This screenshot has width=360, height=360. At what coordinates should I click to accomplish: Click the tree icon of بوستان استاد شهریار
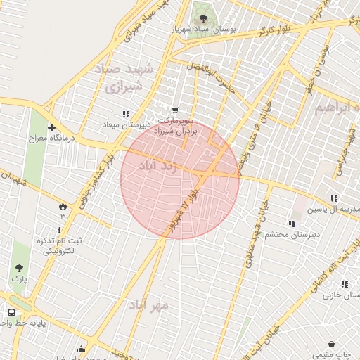point(203,18)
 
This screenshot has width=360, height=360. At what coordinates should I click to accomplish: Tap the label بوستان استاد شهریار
point(204,30)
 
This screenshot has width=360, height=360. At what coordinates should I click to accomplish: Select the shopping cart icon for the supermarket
point(174,110)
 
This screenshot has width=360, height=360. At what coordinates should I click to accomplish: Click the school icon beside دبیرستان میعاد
point(126,114)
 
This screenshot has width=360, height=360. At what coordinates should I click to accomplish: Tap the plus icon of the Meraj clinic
point(51,127)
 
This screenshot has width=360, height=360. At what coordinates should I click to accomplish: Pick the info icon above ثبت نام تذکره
point(59,230)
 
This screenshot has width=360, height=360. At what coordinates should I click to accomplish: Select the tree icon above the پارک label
point(19,268)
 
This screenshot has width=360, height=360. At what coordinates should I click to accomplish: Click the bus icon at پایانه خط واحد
point(11,313)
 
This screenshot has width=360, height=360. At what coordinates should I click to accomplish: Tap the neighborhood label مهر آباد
point(148,304)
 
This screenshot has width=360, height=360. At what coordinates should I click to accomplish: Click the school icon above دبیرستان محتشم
point(291,224)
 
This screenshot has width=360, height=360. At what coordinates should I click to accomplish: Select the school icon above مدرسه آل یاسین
point(334,199)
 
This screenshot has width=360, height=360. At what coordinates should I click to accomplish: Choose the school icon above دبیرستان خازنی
point(345,285)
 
